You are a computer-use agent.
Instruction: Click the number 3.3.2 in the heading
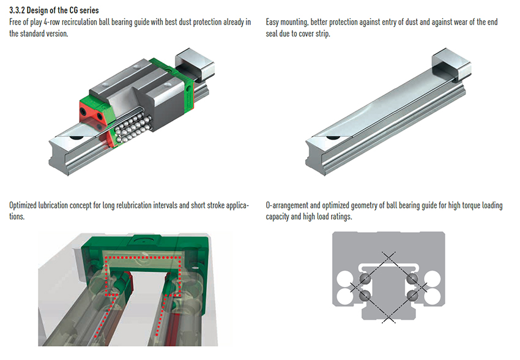(17, 10)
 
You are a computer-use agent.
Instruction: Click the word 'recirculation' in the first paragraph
(80, 22)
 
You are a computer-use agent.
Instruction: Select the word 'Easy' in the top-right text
(272, 23)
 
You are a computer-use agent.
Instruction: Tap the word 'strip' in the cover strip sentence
(322, 34)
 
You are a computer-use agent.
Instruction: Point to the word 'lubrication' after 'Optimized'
(54, 205)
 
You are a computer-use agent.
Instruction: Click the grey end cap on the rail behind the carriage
(195, 64)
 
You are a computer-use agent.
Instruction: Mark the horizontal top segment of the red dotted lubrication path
(143, 257)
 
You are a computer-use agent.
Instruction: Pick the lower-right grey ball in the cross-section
(412, 295)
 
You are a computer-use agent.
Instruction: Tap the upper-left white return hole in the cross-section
(345, 279)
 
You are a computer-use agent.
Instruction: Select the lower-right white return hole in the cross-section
(432, 296)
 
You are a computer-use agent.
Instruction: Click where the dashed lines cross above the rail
(388, 258)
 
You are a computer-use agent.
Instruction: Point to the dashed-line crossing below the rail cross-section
(388, 318)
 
